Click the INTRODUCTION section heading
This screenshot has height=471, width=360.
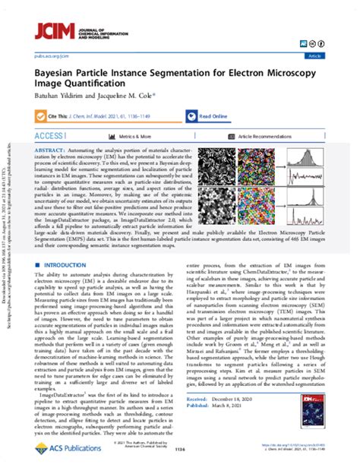pos(68,264)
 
